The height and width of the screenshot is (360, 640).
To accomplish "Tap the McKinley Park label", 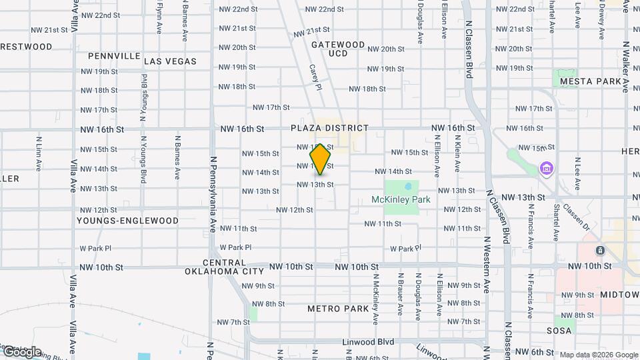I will coord(401,199).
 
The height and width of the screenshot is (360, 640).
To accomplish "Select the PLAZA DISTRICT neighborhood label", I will coord(329,128).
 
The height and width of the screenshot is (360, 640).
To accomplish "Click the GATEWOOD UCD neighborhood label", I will coord(338,49).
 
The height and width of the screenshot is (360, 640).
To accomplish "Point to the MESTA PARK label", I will coord(591,81).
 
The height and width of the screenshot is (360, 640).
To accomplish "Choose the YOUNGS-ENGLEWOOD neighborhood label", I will coord(127,221).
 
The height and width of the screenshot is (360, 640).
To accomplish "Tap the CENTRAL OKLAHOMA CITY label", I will coord(224,267).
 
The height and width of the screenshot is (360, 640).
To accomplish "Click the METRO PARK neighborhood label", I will coord(338,309).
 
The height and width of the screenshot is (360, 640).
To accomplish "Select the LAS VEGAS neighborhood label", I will coord(170,61).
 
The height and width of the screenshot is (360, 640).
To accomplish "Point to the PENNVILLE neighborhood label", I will coord(113,55).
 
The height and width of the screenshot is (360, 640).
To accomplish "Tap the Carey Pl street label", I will coord(315,78).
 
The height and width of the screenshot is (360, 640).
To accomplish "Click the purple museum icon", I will coord(547,167).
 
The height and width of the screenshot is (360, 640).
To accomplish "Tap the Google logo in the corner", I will coord(22,351).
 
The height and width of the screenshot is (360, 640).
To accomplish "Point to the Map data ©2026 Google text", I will coord(599,355).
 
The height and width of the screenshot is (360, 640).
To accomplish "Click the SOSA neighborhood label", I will coord(559,331).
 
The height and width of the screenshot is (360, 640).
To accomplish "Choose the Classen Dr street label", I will coord(576,215).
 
